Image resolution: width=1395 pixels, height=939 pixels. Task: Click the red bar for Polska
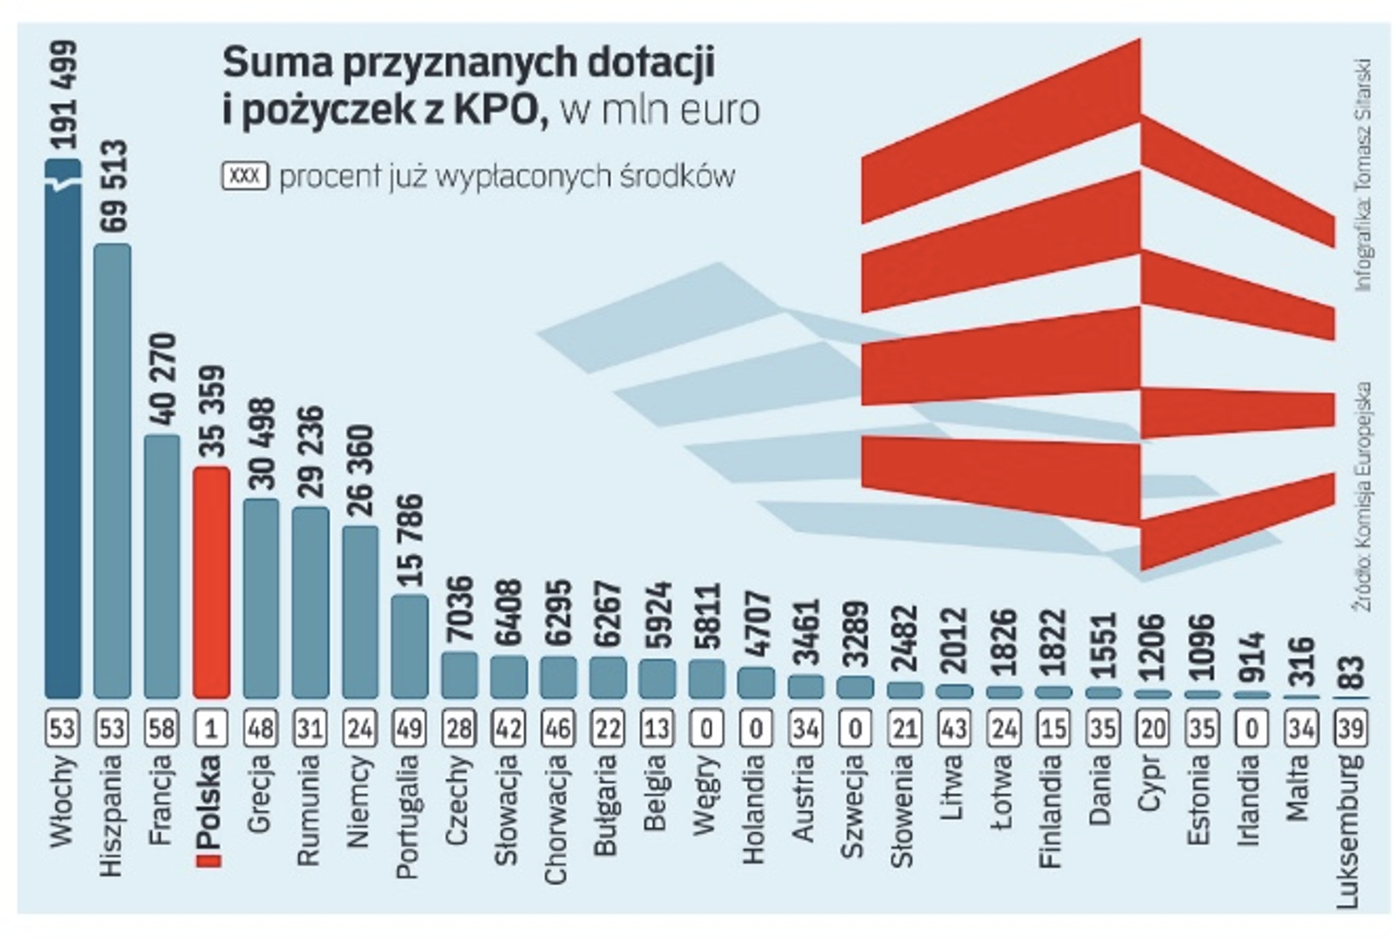(211, 582)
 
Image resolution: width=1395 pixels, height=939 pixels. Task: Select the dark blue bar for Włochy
(63, 435)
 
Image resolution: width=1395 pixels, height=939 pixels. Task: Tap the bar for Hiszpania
(112, 469)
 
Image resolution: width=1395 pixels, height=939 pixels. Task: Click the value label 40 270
(163, 382)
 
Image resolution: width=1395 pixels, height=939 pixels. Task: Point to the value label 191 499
(63, 96)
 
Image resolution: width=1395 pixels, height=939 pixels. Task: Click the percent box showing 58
(162, 728)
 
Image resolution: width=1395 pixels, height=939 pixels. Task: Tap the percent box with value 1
(211, 728)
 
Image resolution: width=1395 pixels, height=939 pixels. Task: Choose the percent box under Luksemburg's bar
(1351, 728)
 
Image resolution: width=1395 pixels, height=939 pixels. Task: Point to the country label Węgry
(707, 796)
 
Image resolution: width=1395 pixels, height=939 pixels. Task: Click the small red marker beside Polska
(210, 860)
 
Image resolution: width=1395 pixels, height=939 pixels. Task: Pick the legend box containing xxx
(245, 176)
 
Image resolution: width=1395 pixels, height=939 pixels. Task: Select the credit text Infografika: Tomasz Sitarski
(1363, 174)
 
